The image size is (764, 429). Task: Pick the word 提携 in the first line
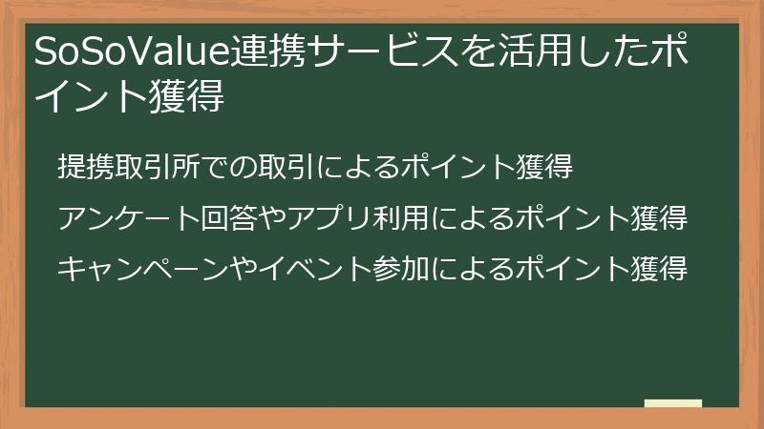(84, 168)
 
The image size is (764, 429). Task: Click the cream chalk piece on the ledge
(672, 403)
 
